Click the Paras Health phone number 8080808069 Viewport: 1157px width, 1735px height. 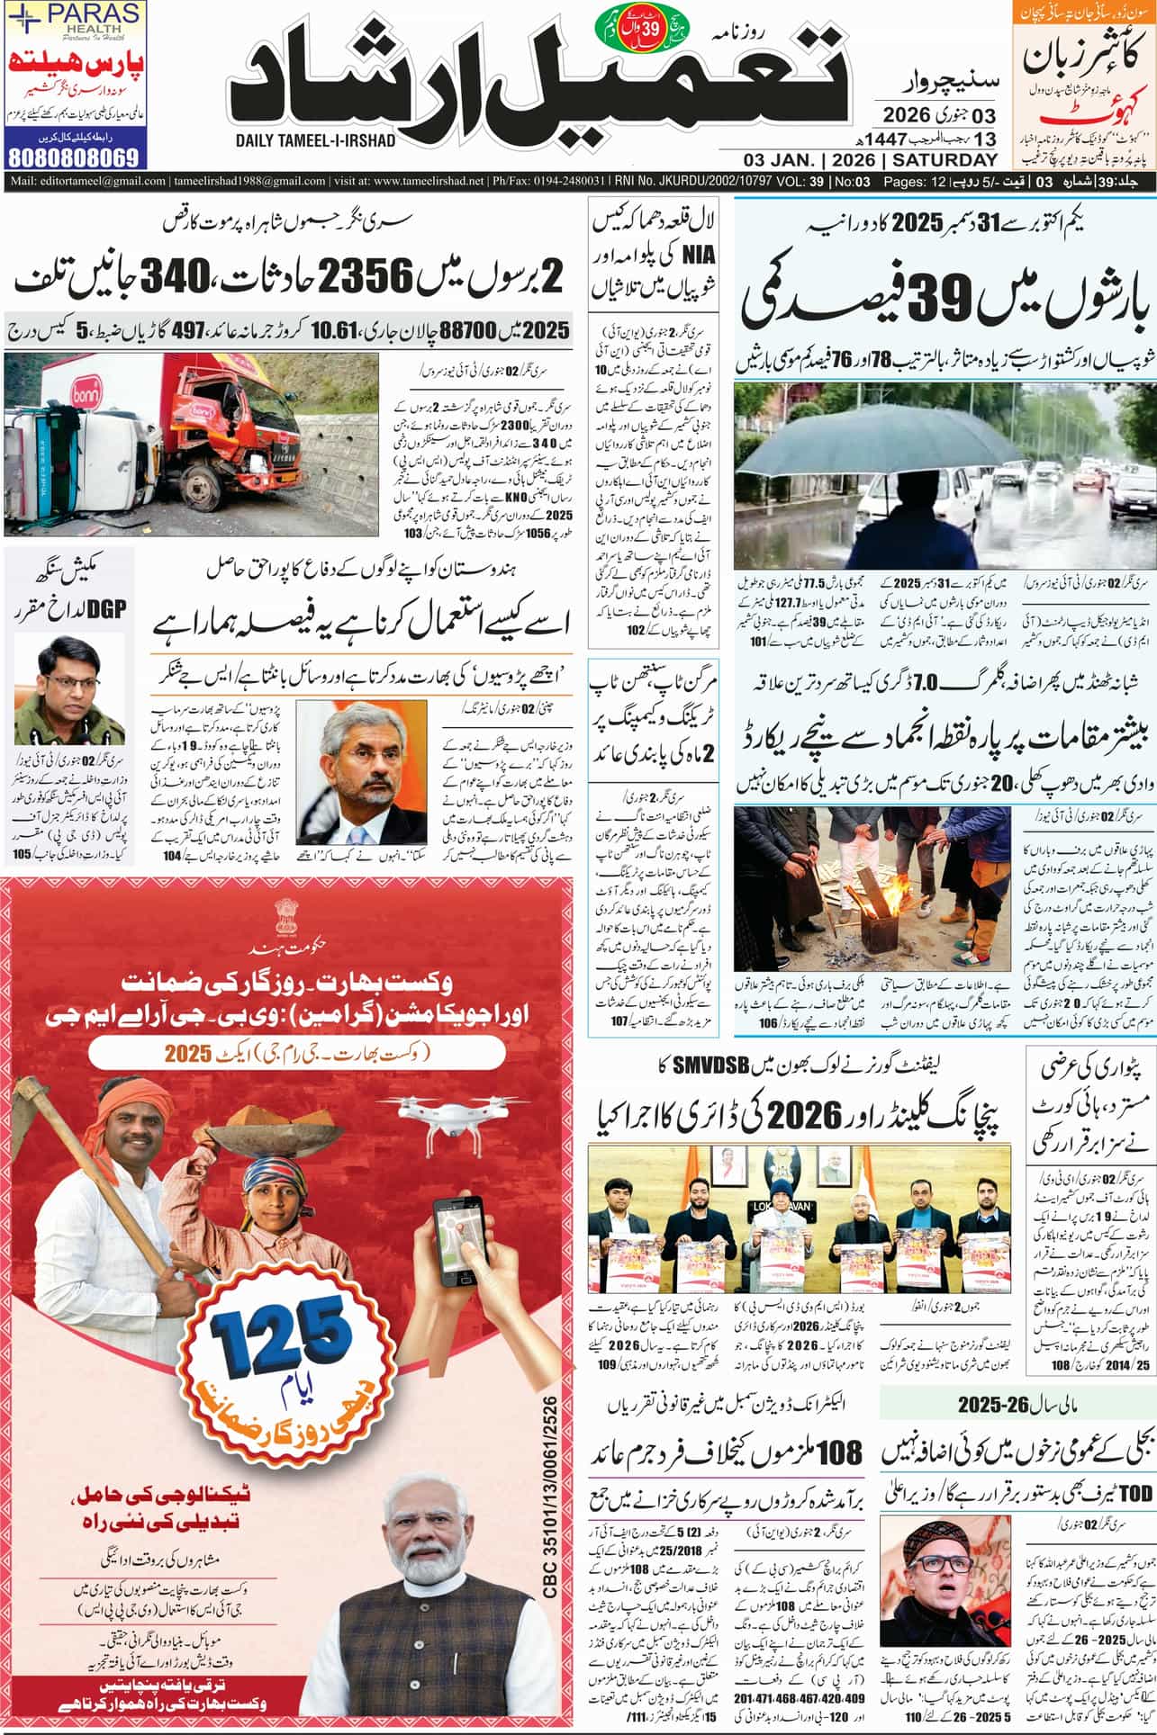pyautogui.click(x=75, y=157)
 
